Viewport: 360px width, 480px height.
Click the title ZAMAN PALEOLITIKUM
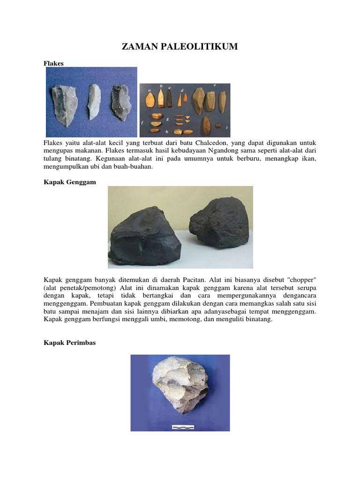tap(180, 46)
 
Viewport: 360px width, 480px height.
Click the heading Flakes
tap(53, 62)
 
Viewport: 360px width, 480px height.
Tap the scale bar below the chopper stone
tap(183, 427)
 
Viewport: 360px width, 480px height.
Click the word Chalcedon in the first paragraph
tap(214, 142)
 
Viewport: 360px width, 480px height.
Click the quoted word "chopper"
tap(301, 280)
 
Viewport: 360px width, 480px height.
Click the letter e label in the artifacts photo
tap(214, 86)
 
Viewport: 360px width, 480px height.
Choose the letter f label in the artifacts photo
tap(142, 122)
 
